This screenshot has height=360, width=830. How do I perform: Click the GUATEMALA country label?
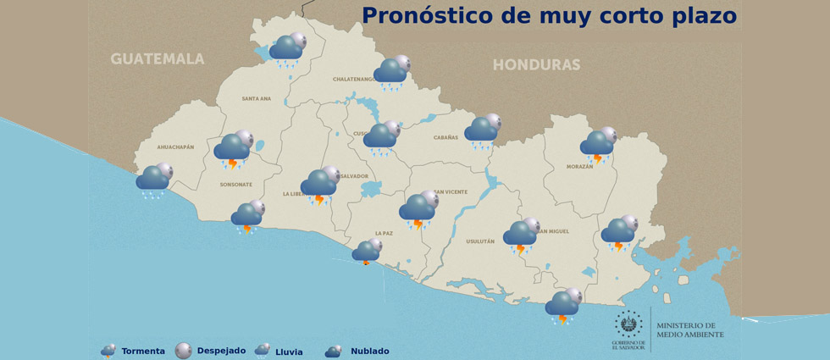point(158,58)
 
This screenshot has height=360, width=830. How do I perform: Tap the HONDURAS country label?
point(536,64)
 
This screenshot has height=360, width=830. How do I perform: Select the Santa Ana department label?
point(256,98)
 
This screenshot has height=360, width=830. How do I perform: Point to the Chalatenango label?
point(353,79)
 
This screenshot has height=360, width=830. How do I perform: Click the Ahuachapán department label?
point(175,147)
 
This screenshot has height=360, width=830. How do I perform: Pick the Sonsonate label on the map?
point(236,184)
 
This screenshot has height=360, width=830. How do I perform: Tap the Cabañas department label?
point(445,137)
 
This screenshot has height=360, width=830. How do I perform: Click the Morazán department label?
point(579,167)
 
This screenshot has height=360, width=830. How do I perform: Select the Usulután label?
point(479,241)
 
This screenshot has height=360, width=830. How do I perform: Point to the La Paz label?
point(384,233)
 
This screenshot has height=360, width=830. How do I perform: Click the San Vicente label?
point(451,191)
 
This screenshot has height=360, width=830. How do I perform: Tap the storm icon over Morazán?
point(599,145)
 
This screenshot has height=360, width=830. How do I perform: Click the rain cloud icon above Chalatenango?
point(392,72)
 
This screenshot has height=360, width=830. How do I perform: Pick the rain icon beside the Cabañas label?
point(483,130)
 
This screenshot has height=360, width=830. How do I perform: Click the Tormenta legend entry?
point(132,351)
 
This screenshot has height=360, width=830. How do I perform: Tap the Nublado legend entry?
point(357,351)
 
